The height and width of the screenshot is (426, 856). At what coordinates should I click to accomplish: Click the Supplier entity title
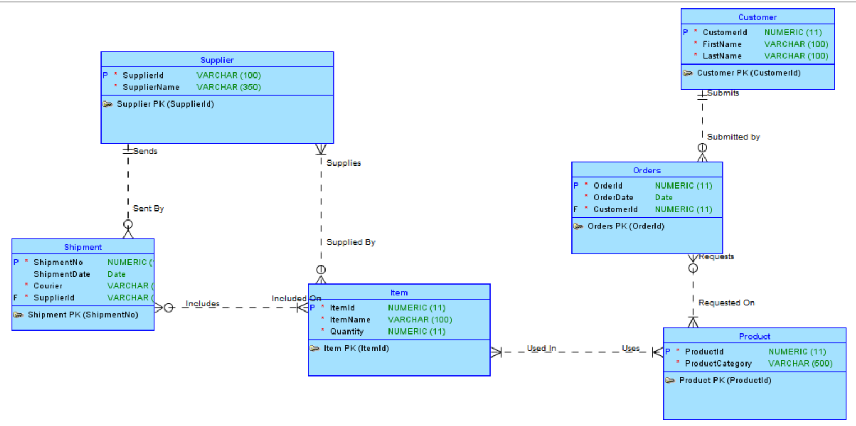217,60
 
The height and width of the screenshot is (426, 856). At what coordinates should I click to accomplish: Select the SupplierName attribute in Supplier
151,87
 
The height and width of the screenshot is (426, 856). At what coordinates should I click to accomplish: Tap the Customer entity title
757,17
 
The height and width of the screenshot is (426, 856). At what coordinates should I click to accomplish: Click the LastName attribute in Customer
722,56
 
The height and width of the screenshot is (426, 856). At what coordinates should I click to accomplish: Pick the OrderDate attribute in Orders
613,198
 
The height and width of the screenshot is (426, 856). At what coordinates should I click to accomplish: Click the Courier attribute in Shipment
48,286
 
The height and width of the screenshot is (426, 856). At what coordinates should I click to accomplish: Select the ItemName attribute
350,320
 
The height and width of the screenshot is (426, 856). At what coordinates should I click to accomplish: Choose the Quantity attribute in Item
346,332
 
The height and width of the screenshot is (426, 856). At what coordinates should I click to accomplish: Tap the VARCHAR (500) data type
800,364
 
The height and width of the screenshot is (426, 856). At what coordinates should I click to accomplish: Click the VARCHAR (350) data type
228,87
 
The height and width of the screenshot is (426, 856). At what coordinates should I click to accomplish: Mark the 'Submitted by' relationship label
733,137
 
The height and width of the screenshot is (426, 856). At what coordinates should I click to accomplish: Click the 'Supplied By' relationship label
351,242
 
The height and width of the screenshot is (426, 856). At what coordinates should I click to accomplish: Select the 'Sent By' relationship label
148,208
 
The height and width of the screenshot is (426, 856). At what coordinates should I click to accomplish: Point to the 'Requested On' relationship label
726,303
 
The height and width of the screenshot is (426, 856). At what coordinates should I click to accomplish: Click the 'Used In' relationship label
541,349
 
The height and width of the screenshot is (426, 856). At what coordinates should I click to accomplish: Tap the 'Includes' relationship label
202,304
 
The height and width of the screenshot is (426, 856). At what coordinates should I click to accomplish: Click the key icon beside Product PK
670,381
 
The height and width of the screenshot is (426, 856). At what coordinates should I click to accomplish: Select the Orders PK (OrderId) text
626,227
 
